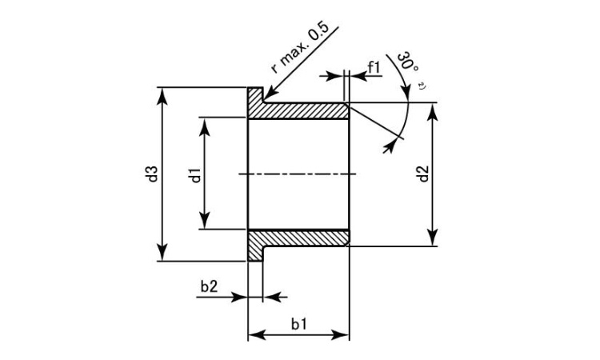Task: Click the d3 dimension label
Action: pyautogui.click(x=153, y=174)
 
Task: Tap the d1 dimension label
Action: pyautogui.click(x=195, y=175)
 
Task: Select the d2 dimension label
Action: pyautogui.click(x=423, y=174)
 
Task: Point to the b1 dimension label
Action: pyautogui.click(x=299, y=324)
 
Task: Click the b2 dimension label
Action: pyautogui.click(x=209, y=286)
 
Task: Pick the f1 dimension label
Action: pyautogui.click(x=374, y=68)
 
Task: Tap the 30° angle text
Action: pyautogui.click(x=407, y=61)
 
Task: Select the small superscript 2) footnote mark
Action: pyautogui.click(x=422, y=86)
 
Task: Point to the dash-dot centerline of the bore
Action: pyautogui.click(x=298, y=174)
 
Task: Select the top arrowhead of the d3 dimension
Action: pyautogui.click(x=162, y=96)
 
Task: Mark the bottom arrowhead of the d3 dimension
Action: pyautogui.click(x=162, y=253)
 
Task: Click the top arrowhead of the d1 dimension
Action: pyautogui.click(x=205, y=126)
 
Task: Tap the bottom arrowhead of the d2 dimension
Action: pyautogui.click(x=432, y=238)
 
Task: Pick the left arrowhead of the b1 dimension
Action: pyautogui.click(x=257, y=335)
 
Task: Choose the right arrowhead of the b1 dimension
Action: pyautogui.click(x=341, y=335)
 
